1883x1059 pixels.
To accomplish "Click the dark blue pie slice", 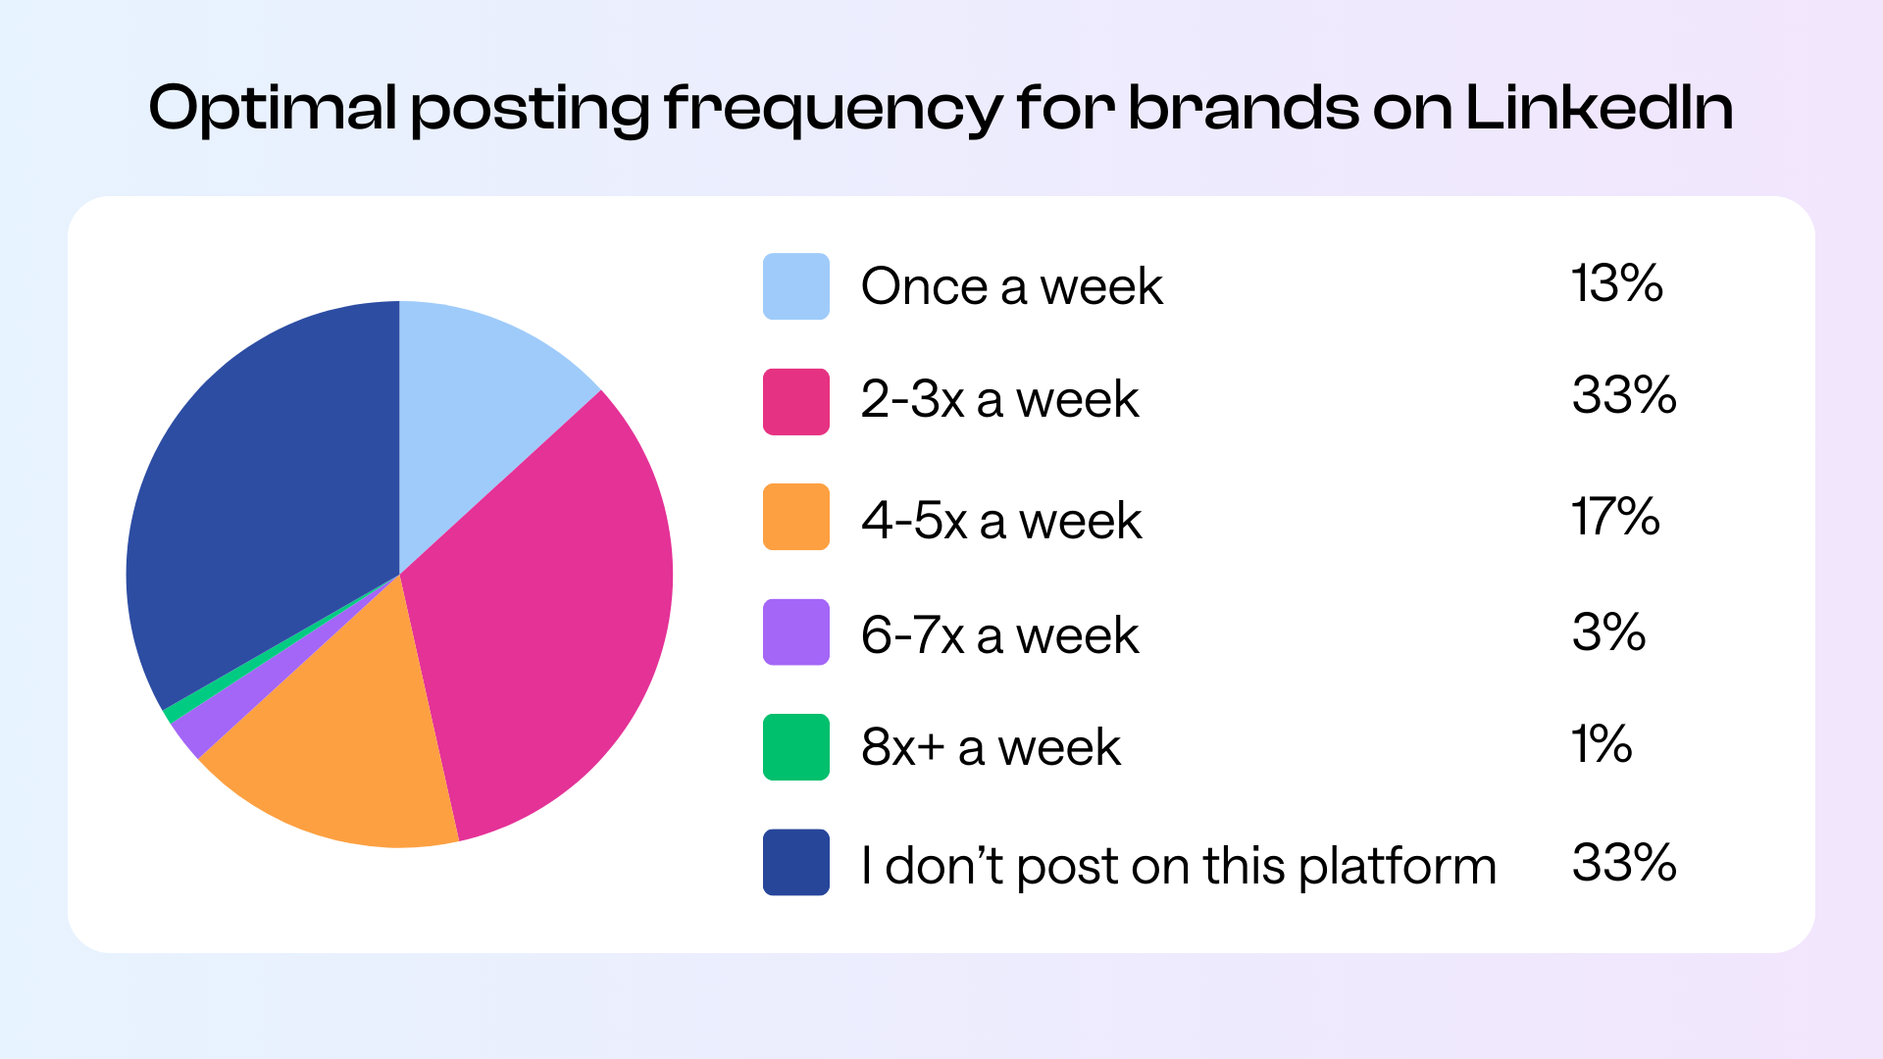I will [265, 490].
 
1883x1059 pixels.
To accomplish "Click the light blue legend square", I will [795, 286].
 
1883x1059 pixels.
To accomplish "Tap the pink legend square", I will [795, 401].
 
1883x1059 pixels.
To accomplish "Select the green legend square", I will [795, 747].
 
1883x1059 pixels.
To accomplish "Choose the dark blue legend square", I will [795, 862].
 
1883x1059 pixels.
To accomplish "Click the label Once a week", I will [1011, 286].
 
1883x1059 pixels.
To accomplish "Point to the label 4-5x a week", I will [1000, 520].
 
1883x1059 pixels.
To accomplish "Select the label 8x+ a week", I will [991, 747].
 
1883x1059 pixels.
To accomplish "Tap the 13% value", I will [1616, 283].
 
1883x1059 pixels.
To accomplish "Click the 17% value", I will [1614, 516].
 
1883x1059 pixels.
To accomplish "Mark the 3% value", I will [1608, 631].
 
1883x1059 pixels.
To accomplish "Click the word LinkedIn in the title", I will [1599, 107].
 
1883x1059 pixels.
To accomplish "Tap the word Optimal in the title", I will [272, 109].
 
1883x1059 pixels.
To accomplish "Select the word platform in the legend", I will [1398, 867].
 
